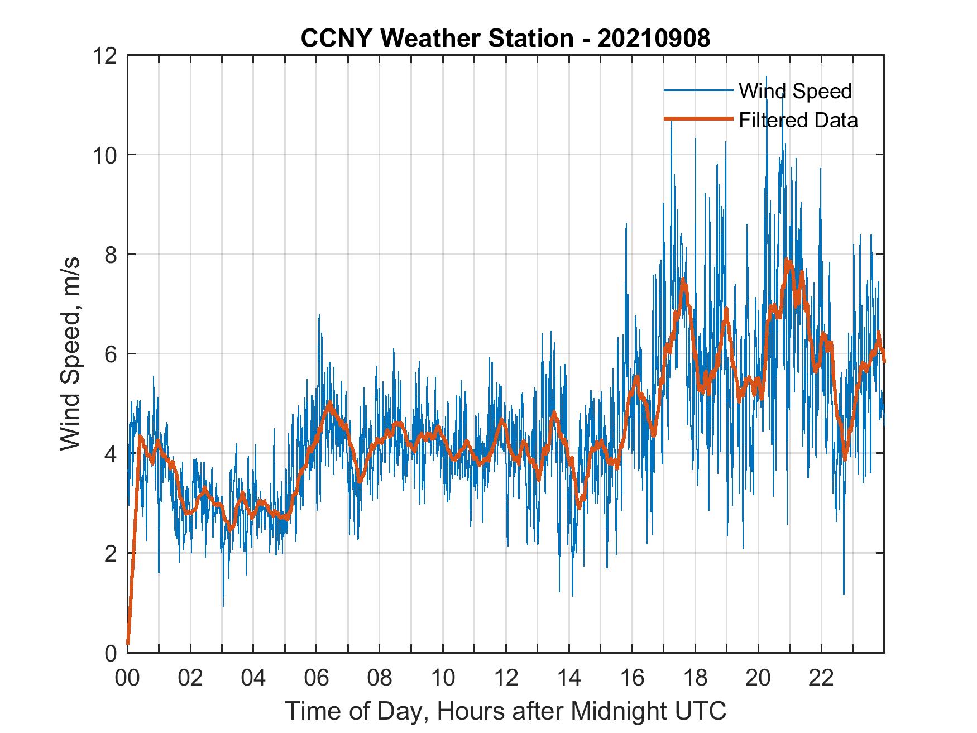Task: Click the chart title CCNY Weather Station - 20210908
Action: point(505,39)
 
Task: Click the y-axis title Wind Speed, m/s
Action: point(70,353)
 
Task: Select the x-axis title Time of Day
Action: point(505,711)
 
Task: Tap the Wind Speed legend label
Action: point(795,91)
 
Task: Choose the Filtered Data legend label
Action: point(798,120)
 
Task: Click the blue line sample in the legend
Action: point(698,90)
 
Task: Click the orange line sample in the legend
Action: point(698,119)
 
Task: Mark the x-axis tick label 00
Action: point(127,678)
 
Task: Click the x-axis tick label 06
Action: point(317,678)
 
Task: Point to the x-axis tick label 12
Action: point(506,678)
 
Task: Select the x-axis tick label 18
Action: point(695,678)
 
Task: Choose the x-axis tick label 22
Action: point(821,678)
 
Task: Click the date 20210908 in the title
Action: point(653,39)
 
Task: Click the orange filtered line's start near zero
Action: point(128,642)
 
